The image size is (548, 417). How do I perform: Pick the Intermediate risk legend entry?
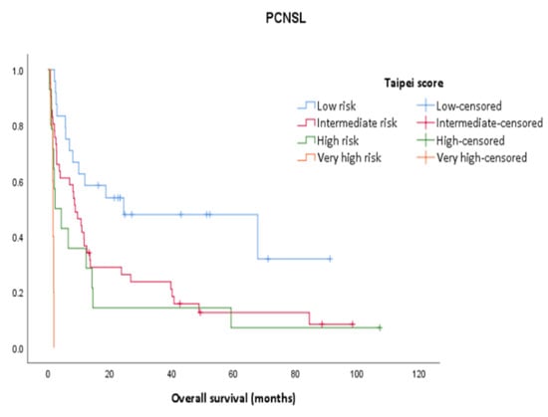[x=346, y=122]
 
